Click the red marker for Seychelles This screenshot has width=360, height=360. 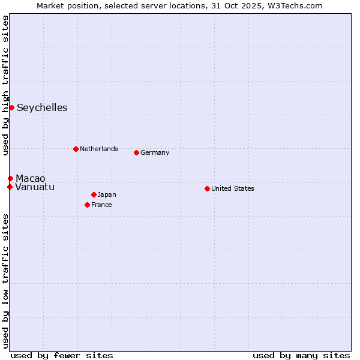[x=11, y=107]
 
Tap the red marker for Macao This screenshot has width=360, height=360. [x=10, y=178]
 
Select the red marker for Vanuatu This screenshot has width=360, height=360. [x=10, y=187]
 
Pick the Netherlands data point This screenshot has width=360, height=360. [x=76, y=149]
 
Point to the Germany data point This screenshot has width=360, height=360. [x=136, y=152]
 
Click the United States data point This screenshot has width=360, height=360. [x=207, y=188]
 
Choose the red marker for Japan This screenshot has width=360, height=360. [x=94, y=194]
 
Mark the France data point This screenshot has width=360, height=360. [x=87, y=205]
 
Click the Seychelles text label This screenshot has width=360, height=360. [x=42, y=108]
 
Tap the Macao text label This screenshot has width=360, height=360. [x=31, y=179]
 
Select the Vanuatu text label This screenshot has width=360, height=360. [x=35, y=187]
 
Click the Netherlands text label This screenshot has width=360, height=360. [x=99, y=149]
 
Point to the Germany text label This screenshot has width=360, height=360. [x=155, y=152]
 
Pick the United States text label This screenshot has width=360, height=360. [x=233, y=188]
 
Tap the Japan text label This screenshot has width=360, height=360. [x=107, y=194]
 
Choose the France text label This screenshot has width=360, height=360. [x=101, y=205]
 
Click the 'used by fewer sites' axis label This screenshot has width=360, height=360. [x=62, y=355]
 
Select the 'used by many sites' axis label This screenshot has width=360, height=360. [x=301, y=355]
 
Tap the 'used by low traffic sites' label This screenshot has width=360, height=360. [x=6, y=281]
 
